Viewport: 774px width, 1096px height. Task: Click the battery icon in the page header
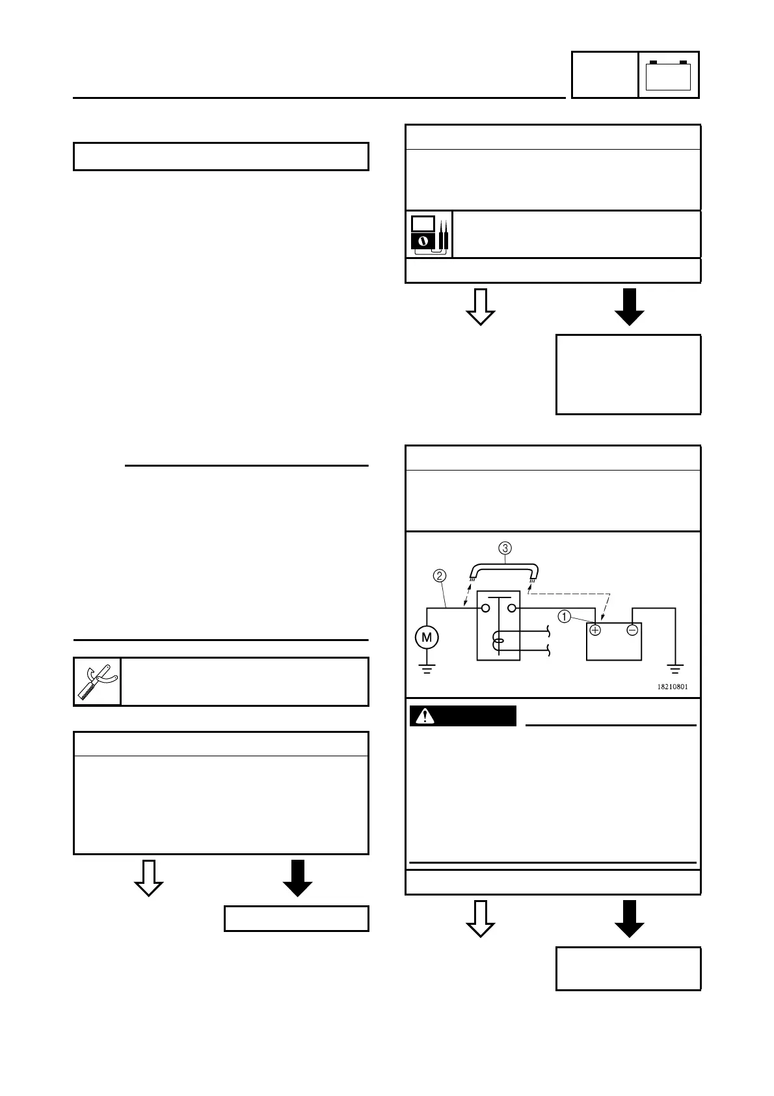tap(669, 75)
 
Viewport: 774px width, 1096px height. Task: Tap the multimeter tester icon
tap(429, 234)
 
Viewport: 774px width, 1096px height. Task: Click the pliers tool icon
tap(97, 681)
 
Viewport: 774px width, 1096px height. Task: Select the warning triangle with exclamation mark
tap(425, 716)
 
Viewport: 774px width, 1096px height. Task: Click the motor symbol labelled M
tap(427, 637)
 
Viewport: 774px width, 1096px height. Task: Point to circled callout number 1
tap(565, 616)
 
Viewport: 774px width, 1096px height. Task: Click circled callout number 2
tap(440, 575)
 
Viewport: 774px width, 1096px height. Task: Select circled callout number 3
tap(505, 547)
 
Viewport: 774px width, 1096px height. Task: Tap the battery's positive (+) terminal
tap(595, 630)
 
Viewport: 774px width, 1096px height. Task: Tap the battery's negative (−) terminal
tap(632, 630)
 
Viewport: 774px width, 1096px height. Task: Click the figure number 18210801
tap(673, 687)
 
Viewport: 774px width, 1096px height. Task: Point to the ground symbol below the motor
tap(427, 668)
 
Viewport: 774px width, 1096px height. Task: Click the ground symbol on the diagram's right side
tap(675, 668)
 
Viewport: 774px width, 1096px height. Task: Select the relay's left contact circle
tap(485, 609)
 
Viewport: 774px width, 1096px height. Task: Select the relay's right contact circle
tap(512, 609)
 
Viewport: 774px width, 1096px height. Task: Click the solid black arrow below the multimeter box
tap(629, 307)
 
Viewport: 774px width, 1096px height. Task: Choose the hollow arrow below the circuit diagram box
tap(481, 918)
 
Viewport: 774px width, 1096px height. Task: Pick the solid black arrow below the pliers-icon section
tap(297, 878)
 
